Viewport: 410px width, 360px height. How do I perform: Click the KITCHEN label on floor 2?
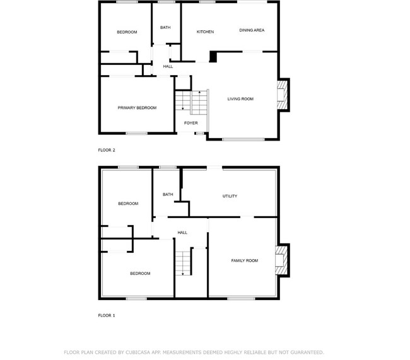coord(205,32)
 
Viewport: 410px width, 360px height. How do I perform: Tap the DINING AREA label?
coord(251,30)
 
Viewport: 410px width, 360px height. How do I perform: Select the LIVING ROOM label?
coord(240,99)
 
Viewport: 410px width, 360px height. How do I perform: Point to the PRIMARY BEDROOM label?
coord(137,108)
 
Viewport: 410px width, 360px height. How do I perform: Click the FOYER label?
coord(190,123)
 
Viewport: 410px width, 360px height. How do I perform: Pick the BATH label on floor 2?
coord(165,27)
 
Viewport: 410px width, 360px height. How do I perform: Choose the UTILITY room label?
coord(230,196)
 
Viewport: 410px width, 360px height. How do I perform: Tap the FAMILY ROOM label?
coord(244,260)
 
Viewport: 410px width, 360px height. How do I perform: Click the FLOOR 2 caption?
coord(107,150)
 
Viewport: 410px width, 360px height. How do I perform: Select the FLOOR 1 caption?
coord(107,315)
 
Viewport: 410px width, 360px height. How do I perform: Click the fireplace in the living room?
coord(283,95)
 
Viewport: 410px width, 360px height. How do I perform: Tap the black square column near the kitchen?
coord(213,57)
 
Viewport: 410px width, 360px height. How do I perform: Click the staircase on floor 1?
coord(182,262)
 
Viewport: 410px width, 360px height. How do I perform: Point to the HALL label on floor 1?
coord(182,233)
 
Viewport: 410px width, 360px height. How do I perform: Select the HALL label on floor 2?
coord(168,66)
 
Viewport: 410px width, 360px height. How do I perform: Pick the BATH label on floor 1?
coord(168,194)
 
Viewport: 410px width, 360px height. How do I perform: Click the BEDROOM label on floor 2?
coord(127,32)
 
